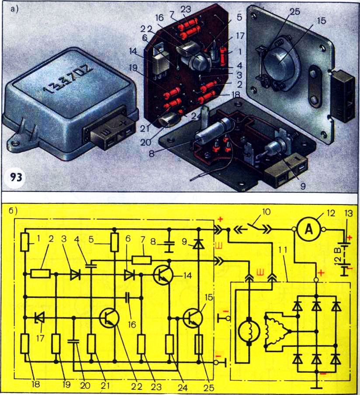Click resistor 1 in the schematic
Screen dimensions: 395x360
click(x=26, y=242)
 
